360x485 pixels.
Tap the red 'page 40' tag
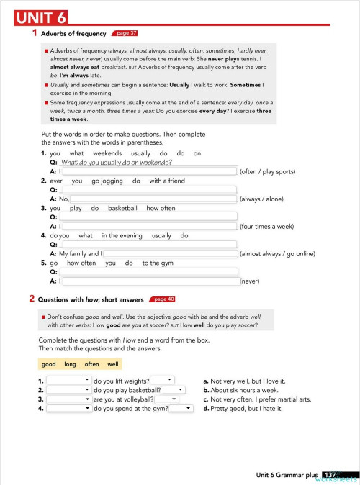162,299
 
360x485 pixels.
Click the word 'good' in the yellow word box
49,364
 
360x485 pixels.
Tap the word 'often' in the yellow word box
91,364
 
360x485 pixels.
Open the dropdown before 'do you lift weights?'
68,380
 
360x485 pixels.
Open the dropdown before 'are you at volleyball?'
68,399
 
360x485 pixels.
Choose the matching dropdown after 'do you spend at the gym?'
181,409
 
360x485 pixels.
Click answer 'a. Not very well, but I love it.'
244,381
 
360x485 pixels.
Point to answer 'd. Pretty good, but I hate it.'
243,409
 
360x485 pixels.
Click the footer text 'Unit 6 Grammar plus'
287,475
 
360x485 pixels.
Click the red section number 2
32,298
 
